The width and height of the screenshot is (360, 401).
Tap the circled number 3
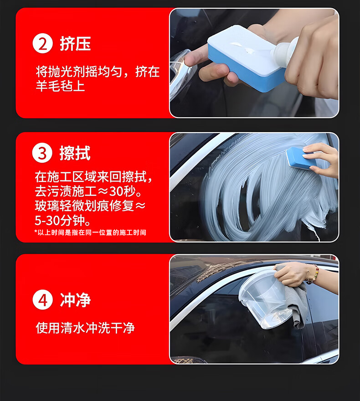click(x=42, y=153)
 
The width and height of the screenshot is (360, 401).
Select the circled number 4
click(x=42, y=300)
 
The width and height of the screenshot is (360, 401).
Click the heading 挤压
click(x=75, y=44)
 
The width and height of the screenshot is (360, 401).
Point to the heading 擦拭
click(x=75, y=153)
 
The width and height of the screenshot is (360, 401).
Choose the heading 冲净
click(x=76, y=300)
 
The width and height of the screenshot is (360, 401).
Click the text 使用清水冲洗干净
click(x=85, y=328)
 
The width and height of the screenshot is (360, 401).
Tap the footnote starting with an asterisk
click(x=90, y=232)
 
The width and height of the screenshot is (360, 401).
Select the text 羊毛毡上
click(x=60, y=86)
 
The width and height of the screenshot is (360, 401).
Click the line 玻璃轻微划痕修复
click(x=84, y=206)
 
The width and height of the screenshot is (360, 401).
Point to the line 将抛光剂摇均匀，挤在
click(x=98, y=72)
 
